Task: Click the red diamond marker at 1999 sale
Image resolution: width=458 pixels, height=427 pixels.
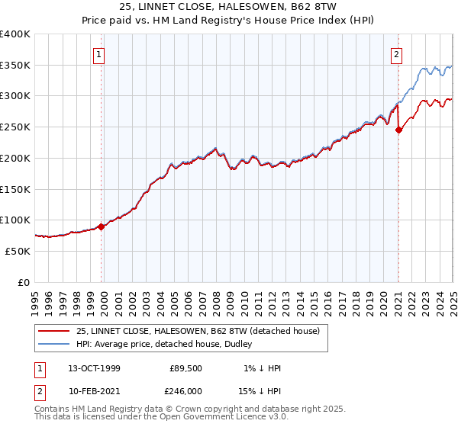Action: pos(101,226)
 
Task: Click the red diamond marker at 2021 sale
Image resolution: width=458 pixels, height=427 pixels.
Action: pos(398,130)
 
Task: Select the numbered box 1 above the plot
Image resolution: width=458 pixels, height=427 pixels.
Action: pos(101,54)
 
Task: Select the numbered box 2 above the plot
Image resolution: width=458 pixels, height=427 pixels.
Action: pos(398,54)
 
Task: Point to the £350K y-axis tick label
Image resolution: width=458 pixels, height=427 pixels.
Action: pos(15,66)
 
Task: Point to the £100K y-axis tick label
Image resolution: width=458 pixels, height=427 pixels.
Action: pos(15,220)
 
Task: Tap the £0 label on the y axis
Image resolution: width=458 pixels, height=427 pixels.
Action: pos(24,282)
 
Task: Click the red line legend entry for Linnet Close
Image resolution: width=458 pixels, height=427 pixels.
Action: pos(202,331)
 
